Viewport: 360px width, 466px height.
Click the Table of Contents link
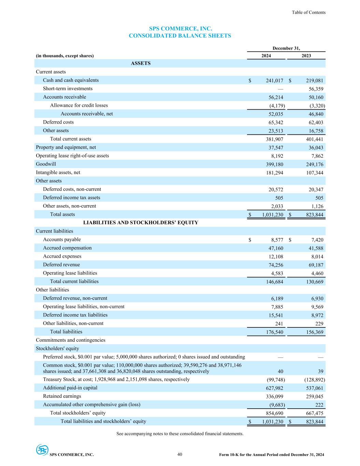[x=308, y=12]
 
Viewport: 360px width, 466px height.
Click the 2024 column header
[x=266, y=56]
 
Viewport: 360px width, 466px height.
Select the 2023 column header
[x=306, y=56]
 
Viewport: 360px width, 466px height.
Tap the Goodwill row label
[x=46, y=164]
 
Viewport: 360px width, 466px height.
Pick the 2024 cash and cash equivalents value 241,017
[x=274, y=81]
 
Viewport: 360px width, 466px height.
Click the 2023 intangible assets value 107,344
[x=314, y=173]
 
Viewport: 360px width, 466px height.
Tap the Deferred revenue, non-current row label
[x=75, y=298]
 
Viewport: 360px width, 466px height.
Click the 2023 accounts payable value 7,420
[x=316, y=240]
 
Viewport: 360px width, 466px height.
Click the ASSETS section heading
[x=141, y=63]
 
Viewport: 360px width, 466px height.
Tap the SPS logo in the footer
[x=42, y=450]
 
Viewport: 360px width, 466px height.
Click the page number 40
[x=180, y=454]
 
